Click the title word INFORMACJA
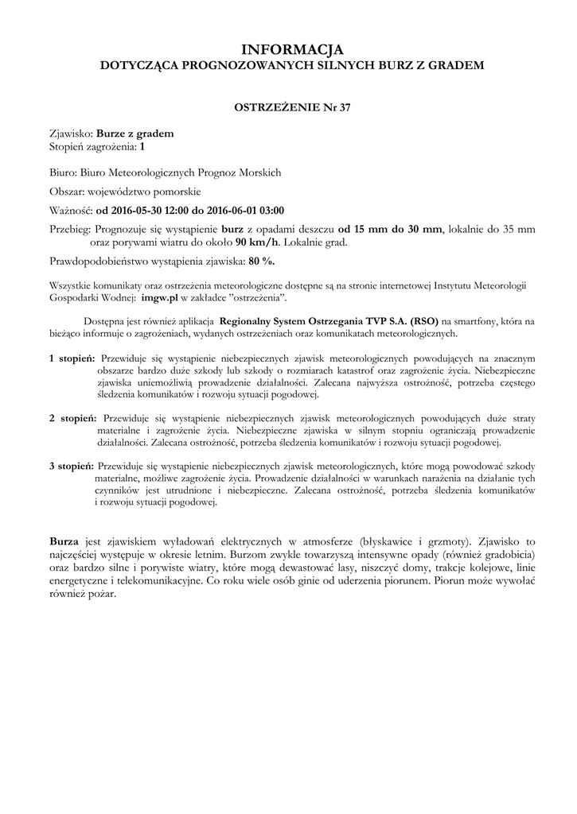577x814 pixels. pyautogui.click(x=288, y=51)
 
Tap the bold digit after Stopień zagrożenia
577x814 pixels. pyautogui.click(x=142, y=147)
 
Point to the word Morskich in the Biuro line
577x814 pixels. pyautogui.click(x=259, y=172)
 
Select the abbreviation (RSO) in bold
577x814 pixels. pyautogui.click(x=422, y=320)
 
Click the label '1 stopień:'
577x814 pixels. pyautogui.click(x=72, y=359)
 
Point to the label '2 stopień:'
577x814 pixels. pyautogui.click(x=72, y=417)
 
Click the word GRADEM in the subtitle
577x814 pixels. pyautogui.click(x=455, y=67)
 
